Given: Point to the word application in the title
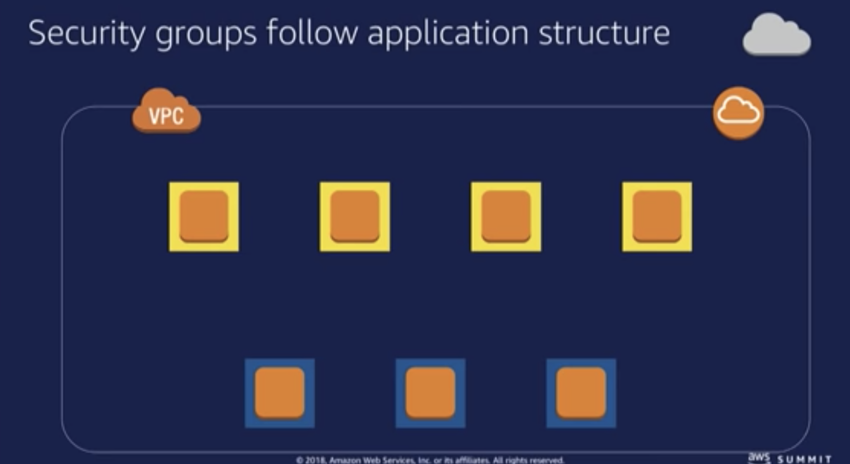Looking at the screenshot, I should [448, 34].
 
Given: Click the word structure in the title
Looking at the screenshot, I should [604, 33].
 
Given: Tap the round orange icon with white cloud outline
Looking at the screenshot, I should [738, 113].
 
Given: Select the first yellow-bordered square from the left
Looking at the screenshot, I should [204, 217].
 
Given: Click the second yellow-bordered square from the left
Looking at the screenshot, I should [355, 217].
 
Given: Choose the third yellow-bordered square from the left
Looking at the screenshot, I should [506, 217].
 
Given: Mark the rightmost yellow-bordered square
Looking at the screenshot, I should [657, 217].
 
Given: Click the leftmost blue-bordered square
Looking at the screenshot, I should [279, 393].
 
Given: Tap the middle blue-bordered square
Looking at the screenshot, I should [430, 393].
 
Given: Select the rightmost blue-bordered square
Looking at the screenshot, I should [581, 393].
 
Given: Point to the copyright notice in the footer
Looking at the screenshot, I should [430, 460].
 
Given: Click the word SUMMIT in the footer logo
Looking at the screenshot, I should [805, 459].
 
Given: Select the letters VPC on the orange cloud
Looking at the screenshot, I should [167, 116].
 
